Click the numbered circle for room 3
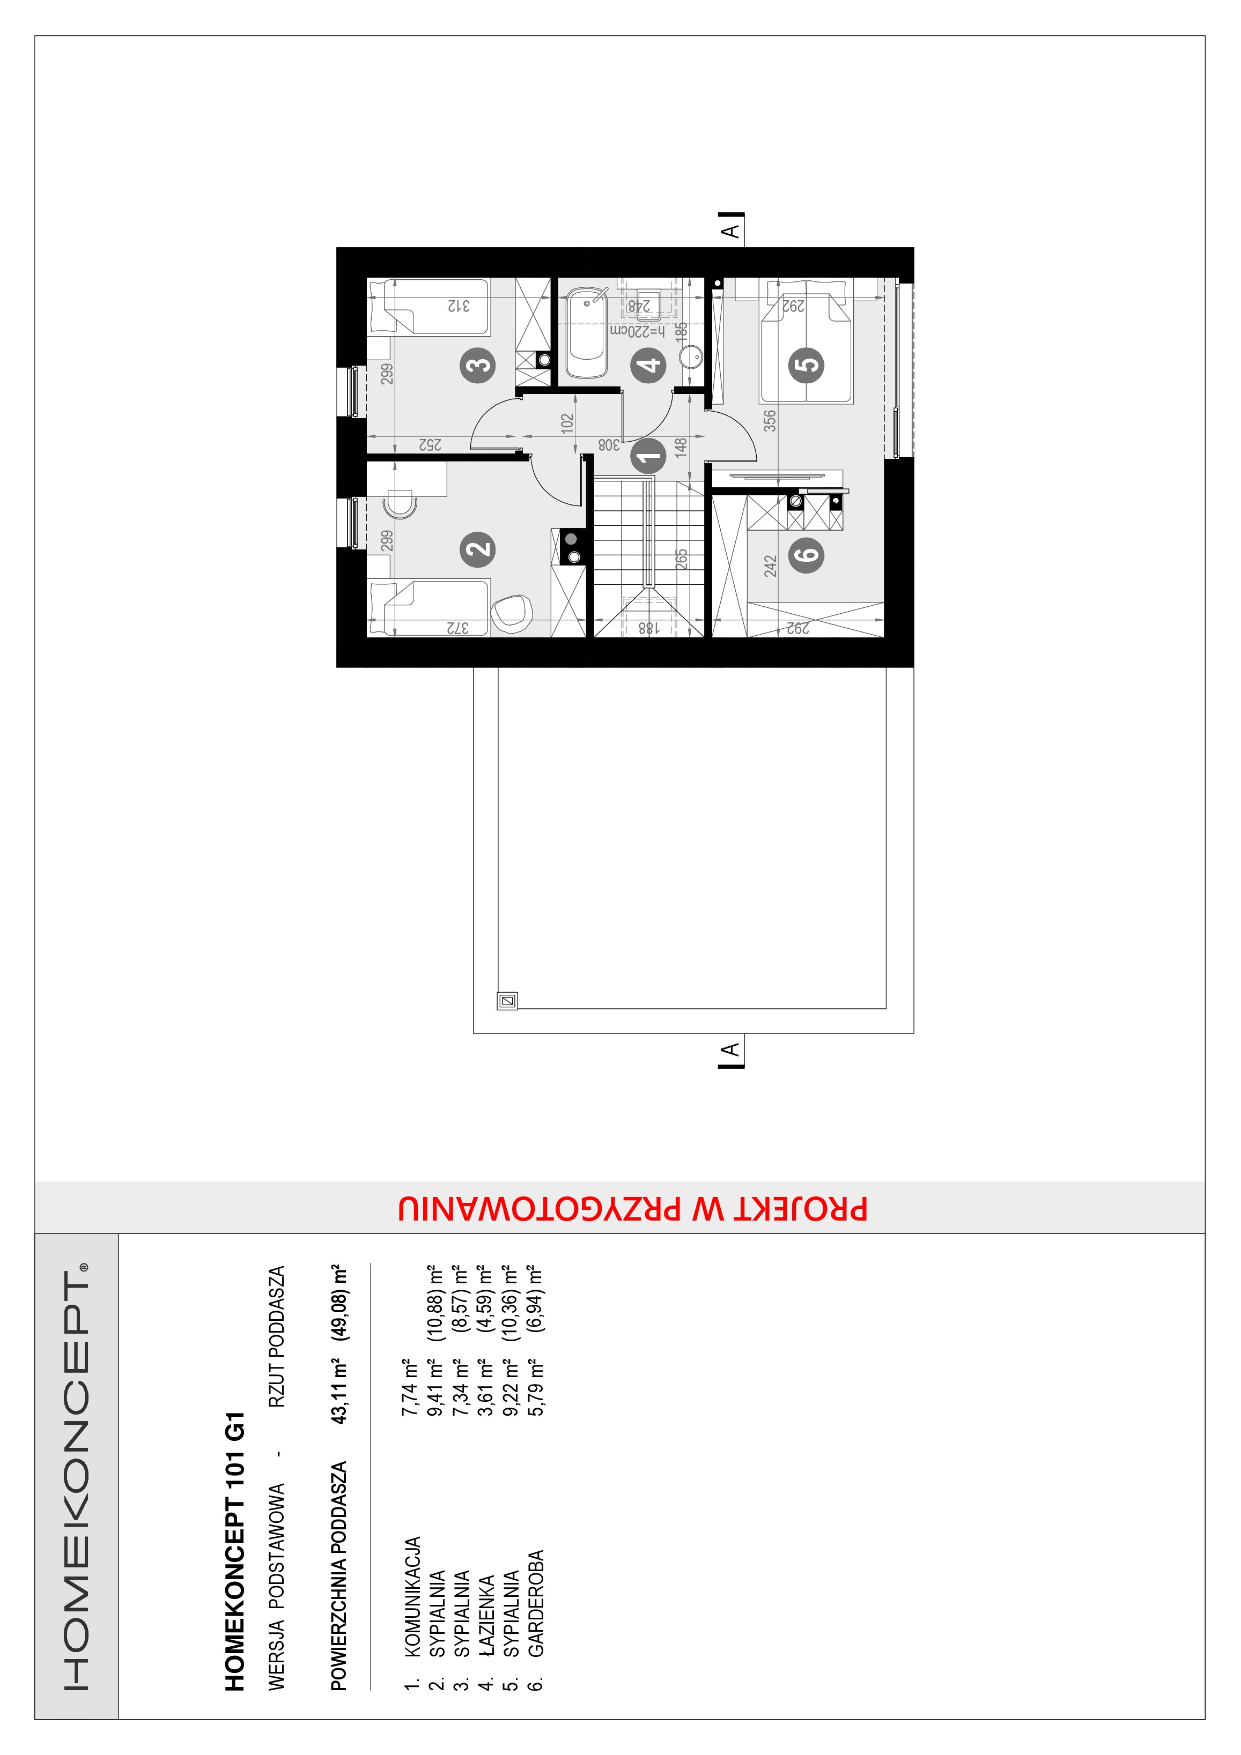click(x=478, y=365)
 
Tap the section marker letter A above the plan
click(x=732, y=229)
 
